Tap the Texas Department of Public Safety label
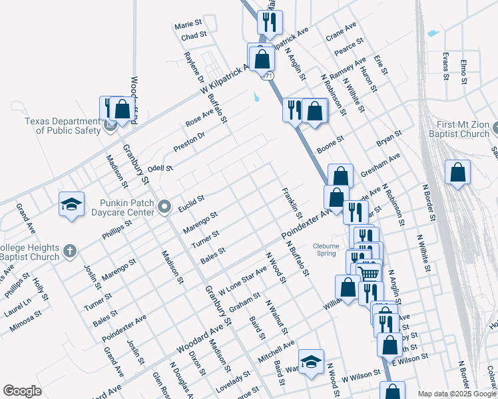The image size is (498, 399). pos(62,126)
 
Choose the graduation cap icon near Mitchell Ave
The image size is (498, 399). pos(311,361)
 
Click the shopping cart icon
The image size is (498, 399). pos(368,272)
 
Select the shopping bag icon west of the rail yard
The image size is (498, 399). pos(458,172)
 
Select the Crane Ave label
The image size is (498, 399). pos(341,33)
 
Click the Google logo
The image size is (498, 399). pos(22,391)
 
